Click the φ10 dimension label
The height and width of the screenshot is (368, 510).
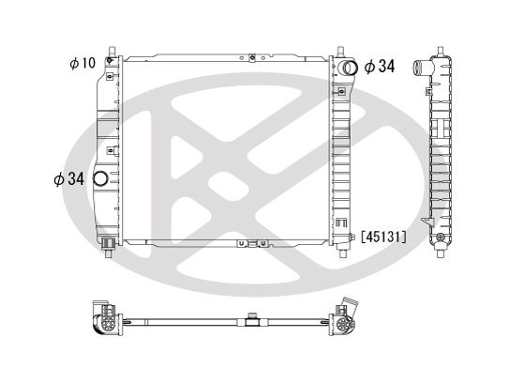(x=82, y=63)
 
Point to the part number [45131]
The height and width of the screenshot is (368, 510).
(x=383, y=238)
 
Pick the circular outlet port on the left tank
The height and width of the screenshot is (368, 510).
(x=102, y=178)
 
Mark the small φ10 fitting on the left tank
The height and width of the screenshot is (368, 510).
(x=112, y=63)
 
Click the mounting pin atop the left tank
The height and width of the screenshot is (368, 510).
(x=112, y=47)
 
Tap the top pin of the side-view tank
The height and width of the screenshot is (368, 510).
(x=441, y=46)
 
